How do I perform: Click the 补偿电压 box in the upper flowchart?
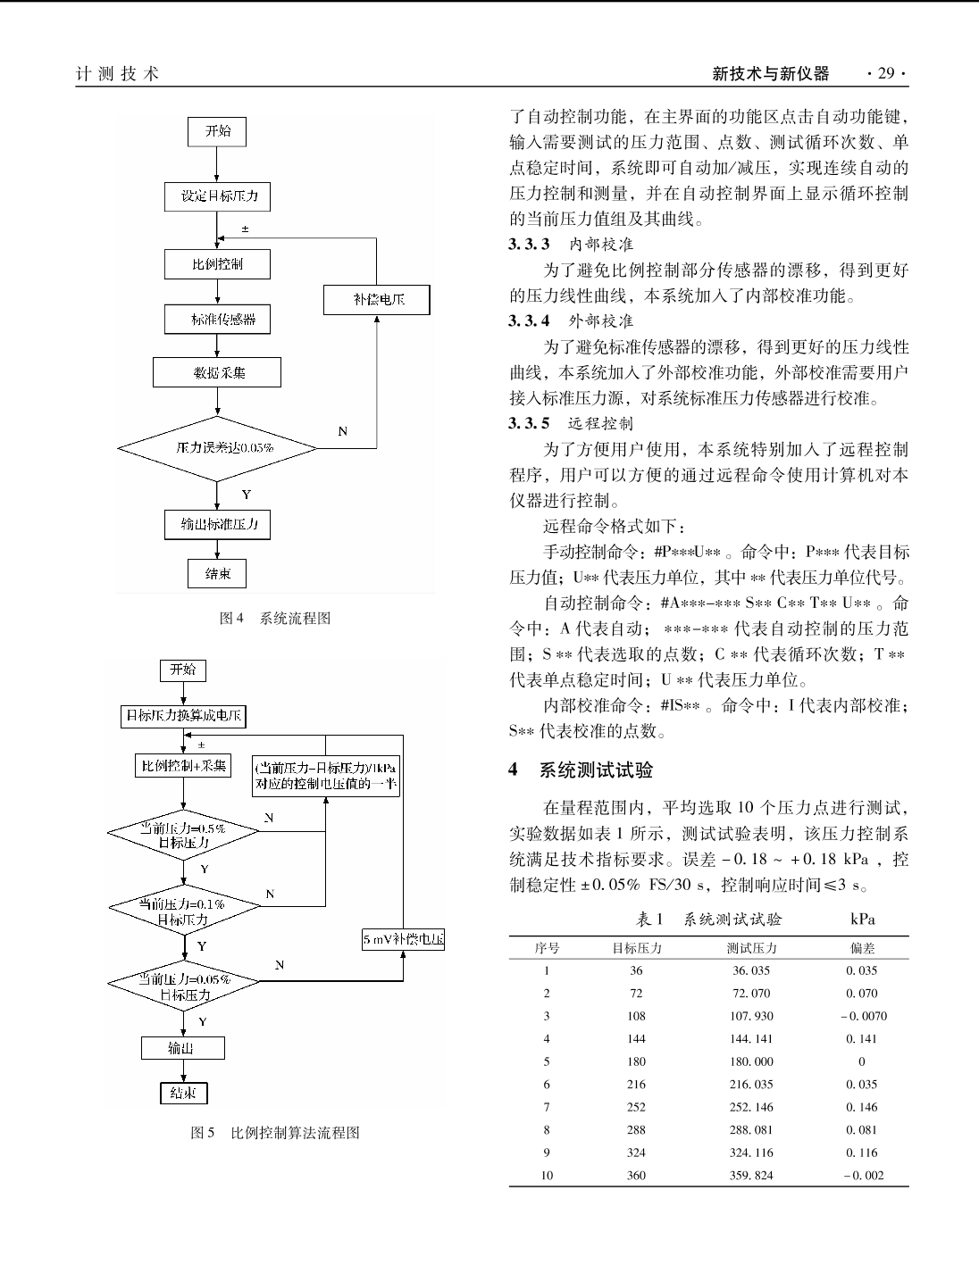pyautogui.click(x=377, y=300)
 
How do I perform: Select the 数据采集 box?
pyautogui.click(x=217, y=372)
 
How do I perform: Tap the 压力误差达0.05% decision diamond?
pyautogui.click(x=217, y=448)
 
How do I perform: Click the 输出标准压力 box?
pyautogui.click(x=217, y=525)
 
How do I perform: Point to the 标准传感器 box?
pyautogui.click(x=217, y=319)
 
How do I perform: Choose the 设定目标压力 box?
pyautogui.click(x=217, y=196)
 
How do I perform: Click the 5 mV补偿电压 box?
pyautogui.click(x=403, y=938)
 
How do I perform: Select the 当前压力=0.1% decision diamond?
pyautogui.click(x=184, y=911)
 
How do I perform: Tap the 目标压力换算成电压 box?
pyautogui.click(x=183, y=716)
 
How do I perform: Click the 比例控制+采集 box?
pyautogui.click(x=183, y=766)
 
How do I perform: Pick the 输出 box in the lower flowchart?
pyautogui.click(x=183, y=1048)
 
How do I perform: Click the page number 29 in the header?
pyautogui.click(x=886, y=73)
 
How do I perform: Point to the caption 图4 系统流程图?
pyautogui.click(x=275, y=619)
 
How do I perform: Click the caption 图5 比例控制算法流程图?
pyautogui.click(x=275, y=1133)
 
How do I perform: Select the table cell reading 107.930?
pyautogui.click(x=751, y=1016)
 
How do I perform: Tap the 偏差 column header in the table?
pyautogui.click(x=862, y=948)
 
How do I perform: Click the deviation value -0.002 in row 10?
pyautogui.click(x=864, y=1176)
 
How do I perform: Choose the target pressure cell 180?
pyautogui.click(x=636, y=1061)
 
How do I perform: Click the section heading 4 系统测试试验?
pyautogui.click(x=581, y=770)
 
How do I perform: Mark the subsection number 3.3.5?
pyautogui.click(x=529, y=423)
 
